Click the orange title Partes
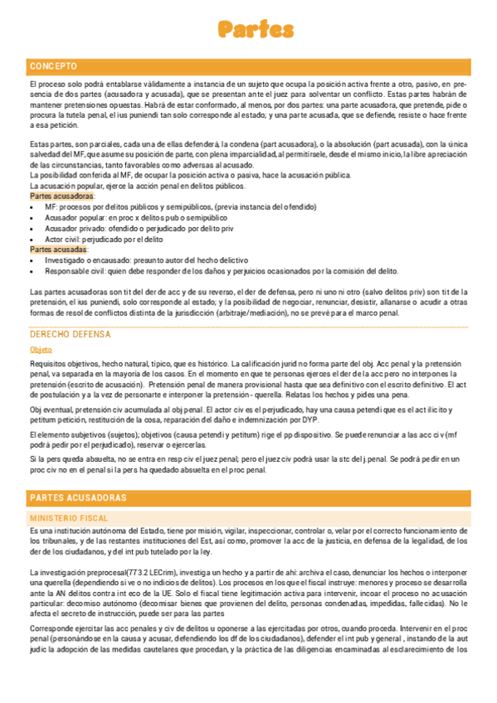[256, 30]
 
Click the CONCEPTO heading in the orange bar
[53, 65]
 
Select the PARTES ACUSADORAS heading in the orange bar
[78, 497]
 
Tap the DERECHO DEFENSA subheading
[70, 334]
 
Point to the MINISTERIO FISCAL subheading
[69, 517]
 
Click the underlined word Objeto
[41, 350]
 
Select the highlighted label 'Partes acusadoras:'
[62, 196]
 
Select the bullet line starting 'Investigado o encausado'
[146, 259]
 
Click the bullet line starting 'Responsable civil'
[221, 270]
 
